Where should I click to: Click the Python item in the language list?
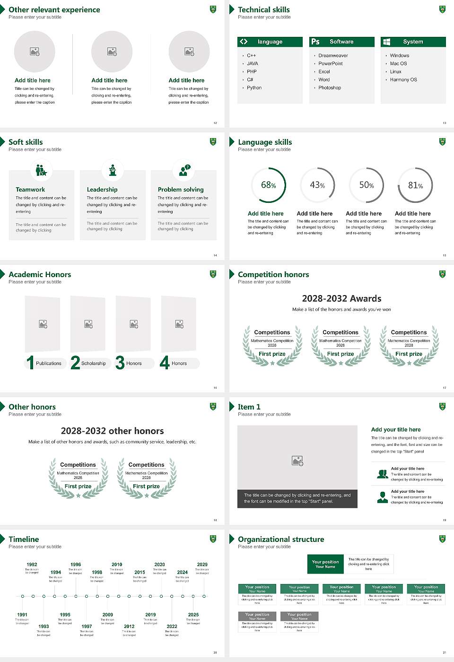click(x=254, y=88)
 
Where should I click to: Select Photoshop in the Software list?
click(x=329, y=88)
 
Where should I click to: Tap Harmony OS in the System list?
click(x=403, y=80)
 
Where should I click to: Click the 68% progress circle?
click(x=269, y=185)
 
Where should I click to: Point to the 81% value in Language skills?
click(x=415, y=185)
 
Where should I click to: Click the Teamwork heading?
click(x=30, y=190)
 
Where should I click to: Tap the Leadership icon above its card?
click(x=113, y=170)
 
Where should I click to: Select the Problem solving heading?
click(x=181, y=190)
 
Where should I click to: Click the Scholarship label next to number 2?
click(x=93, y=364)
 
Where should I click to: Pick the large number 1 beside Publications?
click(x=30, y=363)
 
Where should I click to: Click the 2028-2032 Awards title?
click(x=341, y=298)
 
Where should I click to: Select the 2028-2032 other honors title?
click(x=112, y=431)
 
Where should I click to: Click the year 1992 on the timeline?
click(x=32, y=565)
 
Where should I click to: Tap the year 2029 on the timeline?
click(x=202, y=565)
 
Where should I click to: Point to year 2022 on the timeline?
click(x=172, y=627)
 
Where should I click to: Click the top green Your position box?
click(x=325, y=564)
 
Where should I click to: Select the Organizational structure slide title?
click(x=281, y=540)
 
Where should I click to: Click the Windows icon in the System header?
click(x=386, y=42)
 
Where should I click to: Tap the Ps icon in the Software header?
click(x=315, y=42)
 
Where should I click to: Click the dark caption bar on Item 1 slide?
click(x=297, y=498)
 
